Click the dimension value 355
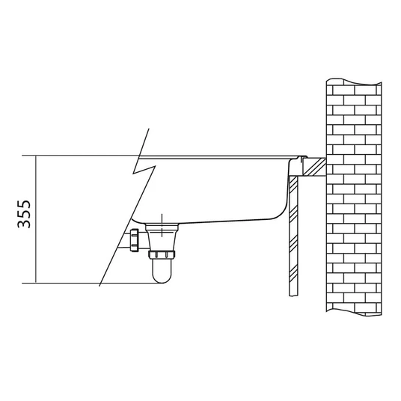24,214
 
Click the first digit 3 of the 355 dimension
24,224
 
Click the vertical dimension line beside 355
36,219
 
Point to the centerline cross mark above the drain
162,225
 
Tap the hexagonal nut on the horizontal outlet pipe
134,240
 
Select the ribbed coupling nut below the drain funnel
162,254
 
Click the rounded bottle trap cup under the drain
162,271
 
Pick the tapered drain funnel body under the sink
162,237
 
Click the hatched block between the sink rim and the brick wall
313,167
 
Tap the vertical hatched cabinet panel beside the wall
293,236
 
